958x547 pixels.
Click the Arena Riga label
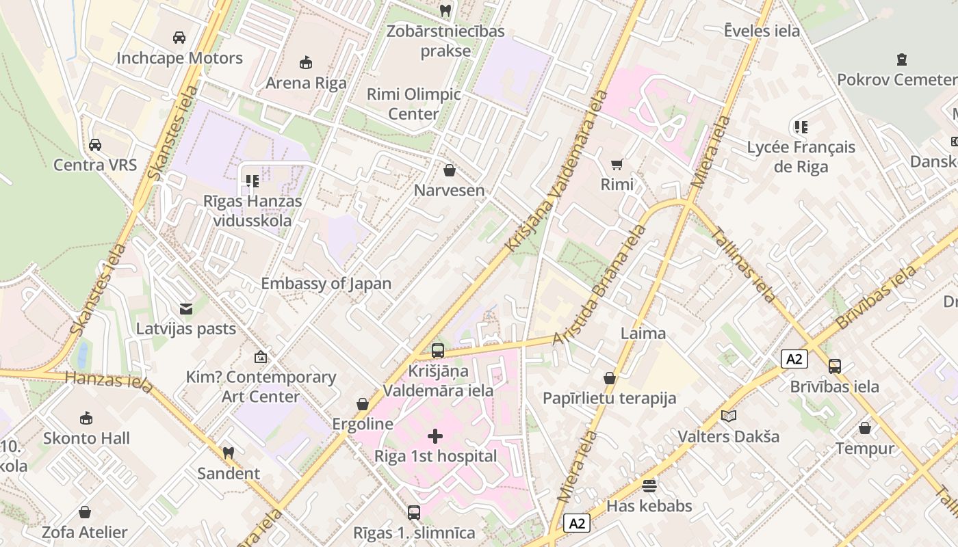click(x=306, y=83)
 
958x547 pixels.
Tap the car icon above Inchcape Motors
click(x=179, y=38)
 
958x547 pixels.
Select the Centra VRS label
click(x=95, y=165)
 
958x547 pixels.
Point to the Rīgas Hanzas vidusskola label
click(x=253, y=211)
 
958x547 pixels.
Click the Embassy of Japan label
click(x=326, y=284)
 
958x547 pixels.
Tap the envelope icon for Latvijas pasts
click(x=185, y=309)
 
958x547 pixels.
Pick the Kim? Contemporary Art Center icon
click(x=261, y=357)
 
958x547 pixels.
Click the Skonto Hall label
click(x=86, y=438)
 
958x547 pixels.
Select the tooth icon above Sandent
click(x=229, y=453)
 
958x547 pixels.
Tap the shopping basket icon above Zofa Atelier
click(x=85, y=512)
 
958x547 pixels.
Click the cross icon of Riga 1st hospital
click(x=435, y=436)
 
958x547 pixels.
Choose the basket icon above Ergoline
click(x=363, y=404)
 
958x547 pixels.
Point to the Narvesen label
click(x=449, y=191)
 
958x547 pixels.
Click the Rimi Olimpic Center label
click(x=414, y=104)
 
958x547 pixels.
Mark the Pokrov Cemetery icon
click(x=902, y=59)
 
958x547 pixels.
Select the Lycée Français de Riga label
click(x=801, y=157)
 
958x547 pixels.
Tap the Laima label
click(x=643, y=334)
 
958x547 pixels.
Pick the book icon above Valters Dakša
click(x=729, y=416)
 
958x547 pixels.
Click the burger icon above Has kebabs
click(x=649, y=486)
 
